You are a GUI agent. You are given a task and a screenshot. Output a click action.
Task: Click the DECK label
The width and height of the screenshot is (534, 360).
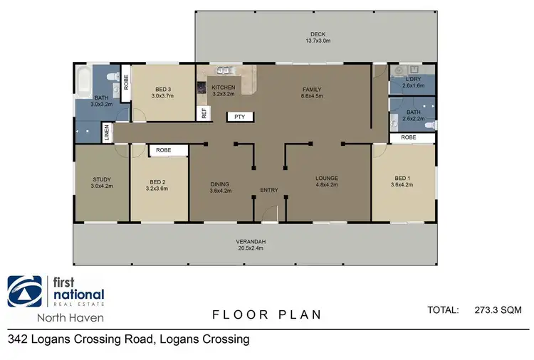(318, 34)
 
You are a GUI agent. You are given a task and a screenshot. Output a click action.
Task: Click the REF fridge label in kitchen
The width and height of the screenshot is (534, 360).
(204, 112)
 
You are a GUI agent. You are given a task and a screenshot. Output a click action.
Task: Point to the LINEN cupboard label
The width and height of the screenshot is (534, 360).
(107, 132)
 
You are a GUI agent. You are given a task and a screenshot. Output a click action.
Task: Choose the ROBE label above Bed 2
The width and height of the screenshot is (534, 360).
(164, 150)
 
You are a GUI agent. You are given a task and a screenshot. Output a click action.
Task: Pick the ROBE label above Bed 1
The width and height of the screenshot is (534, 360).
(408, 137)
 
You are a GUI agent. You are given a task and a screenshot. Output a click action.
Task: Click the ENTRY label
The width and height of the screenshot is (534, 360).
(268, 190)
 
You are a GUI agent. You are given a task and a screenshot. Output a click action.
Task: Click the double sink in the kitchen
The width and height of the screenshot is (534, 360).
(223, 70)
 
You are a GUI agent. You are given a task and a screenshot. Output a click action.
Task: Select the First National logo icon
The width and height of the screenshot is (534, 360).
(24, 291)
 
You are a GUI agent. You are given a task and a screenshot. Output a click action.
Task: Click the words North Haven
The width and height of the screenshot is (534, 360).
(56, 318)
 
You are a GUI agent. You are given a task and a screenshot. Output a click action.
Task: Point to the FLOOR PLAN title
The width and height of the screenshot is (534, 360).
(266, 314)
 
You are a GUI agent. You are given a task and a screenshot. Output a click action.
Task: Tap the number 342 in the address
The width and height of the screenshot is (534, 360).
(18, 339)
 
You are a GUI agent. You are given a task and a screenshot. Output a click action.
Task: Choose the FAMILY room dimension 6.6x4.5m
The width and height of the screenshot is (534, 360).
(313, 95)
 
